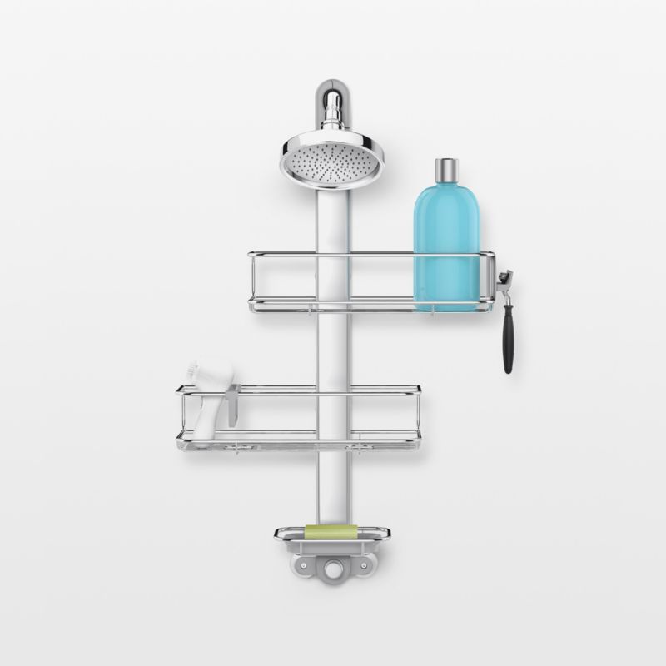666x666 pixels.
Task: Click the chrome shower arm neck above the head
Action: point(331,107)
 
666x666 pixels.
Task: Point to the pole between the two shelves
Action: point(331,350)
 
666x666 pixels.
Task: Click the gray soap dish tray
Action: point(331,545)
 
